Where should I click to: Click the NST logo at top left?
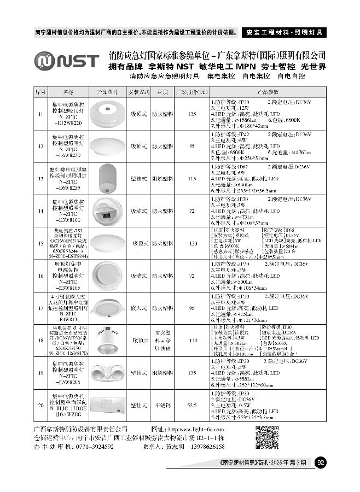pos(66,60)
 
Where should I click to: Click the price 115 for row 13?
pos(192,178)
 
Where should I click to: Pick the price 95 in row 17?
pos(192,308)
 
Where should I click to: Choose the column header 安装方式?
pos(138,91)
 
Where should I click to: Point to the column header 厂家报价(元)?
pos(192,91)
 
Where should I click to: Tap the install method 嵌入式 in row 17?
pos(138,308)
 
